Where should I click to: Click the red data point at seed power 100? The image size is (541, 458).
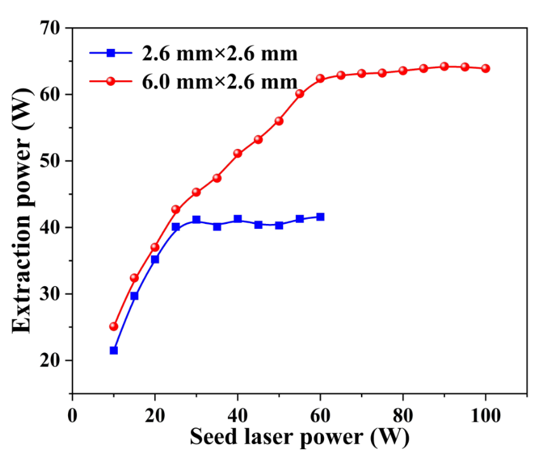(x=486, y=68)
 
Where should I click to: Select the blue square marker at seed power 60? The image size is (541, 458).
(x=320, y=217)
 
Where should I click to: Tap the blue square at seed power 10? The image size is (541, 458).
(x=113, y=350)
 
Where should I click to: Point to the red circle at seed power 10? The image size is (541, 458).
(x=113, y=326)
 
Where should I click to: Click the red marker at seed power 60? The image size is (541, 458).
(x=320, y=79)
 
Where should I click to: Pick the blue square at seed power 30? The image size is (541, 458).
(x=196, y=219)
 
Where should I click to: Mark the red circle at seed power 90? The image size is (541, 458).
(x=444, y=66)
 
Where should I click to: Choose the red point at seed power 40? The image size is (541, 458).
(x=237, y=153)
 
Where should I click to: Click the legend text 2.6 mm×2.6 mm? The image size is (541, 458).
(x=220, y=53)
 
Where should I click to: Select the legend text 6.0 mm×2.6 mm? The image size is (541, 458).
(x=220, y=81)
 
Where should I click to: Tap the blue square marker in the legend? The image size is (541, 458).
(x=111, y=53)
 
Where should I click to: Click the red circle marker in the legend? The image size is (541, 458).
(x=111, y=81)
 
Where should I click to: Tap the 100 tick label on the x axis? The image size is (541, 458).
(x=486, y=413)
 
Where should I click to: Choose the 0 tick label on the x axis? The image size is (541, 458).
(x=73, y=413)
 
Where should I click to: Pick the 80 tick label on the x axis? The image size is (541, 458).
(x=403, y=413)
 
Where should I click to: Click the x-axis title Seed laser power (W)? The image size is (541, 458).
(x=299, y=438)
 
